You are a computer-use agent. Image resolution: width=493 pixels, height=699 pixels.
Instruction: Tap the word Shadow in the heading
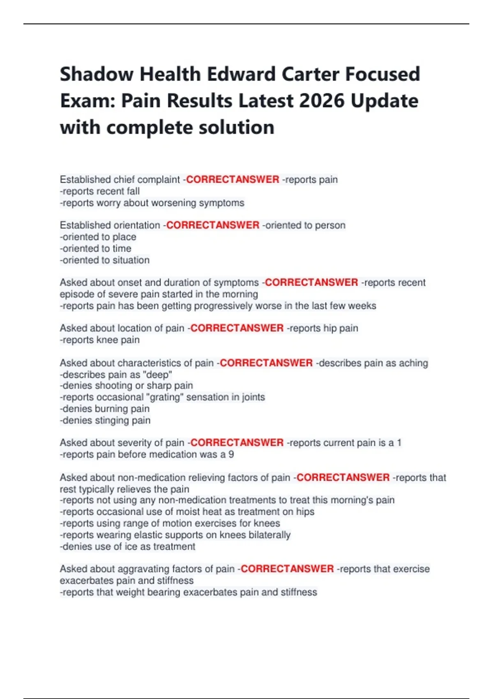[97, 75]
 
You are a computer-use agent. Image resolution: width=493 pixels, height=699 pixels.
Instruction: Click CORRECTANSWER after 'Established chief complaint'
[233, 180]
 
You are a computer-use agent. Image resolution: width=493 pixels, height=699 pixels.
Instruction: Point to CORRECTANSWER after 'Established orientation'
[213, 225]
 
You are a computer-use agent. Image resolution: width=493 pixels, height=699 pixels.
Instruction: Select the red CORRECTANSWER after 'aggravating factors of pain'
[287, 569]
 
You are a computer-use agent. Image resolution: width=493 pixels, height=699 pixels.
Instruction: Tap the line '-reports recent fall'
[100, 191]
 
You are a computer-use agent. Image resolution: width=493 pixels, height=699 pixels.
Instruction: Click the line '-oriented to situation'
[105, 260]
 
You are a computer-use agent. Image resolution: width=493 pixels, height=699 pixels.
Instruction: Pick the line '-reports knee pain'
[100, 340]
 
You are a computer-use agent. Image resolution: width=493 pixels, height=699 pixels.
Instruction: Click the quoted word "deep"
[158, 375]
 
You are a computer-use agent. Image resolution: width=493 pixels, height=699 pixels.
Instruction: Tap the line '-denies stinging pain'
[105, 420]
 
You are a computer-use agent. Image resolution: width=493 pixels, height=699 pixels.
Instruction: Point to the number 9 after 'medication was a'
[231, 454]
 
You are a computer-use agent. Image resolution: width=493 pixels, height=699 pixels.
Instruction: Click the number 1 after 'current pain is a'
[399, 443]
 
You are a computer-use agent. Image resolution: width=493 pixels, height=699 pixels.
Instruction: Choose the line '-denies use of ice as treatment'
[128, 546]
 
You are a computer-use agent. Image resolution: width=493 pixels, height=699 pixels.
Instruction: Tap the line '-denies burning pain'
[105, 409]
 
